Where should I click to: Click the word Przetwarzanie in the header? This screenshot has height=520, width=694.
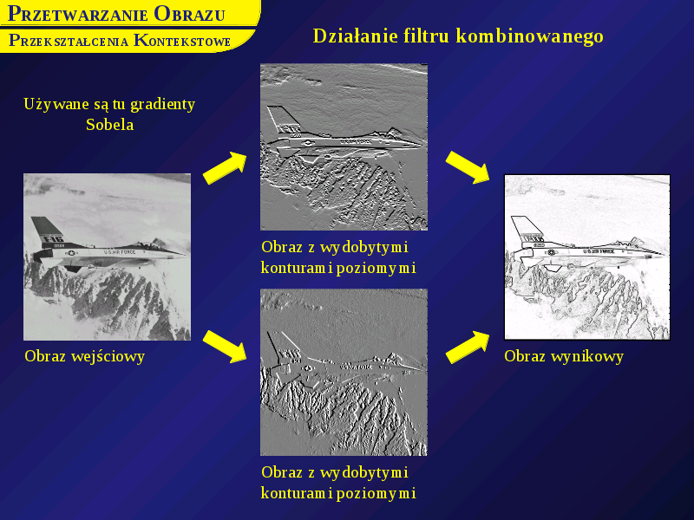point(78,14)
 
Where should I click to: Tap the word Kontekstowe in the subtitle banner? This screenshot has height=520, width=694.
point(182,41)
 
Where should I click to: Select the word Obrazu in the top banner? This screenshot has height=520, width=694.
point(189,14)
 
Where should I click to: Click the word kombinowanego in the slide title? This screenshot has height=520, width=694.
point(530,36)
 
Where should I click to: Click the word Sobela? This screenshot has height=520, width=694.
point(110,125)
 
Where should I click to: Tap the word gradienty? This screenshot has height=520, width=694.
point(163,105)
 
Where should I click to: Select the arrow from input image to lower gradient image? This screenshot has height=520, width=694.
point(225,347)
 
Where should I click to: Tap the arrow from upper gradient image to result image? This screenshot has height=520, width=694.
point(468,167)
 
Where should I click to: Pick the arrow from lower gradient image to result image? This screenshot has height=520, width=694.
point(468,348)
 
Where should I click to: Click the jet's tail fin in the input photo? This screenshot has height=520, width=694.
point(48,230)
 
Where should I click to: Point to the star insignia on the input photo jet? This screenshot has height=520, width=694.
point(71,253)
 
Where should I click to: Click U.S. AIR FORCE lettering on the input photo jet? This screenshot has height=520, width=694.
point(120,251)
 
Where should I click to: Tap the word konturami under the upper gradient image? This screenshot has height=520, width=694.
point(297,268)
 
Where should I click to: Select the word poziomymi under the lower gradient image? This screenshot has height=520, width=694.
point(376,493)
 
